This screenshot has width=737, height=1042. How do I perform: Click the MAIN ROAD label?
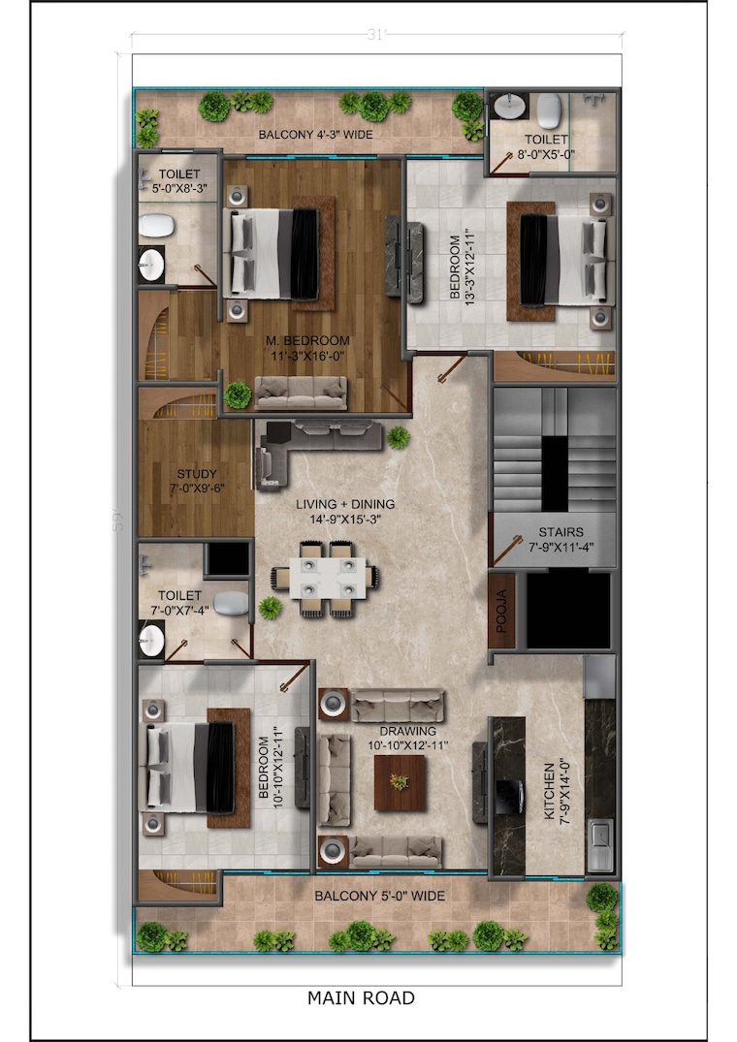[x=361, y=997]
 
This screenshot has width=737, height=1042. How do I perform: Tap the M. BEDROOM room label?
[x=307, y=341]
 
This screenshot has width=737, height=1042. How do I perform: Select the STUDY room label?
[x=197, y=474]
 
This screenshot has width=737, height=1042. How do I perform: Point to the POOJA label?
[x=501, y=611]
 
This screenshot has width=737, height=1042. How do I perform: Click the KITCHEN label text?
[x=550, y=791]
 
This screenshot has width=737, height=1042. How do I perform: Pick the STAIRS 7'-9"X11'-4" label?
[x=561, y=540]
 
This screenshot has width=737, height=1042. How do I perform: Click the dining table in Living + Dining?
[x=326, y=578]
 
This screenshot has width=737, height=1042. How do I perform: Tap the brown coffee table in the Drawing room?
[x=400, y=783]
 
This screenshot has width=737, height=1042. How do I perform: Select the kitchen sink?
[x=601, y=844]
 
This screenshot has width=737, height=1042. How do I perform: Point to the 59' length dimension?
[x=117, y=520]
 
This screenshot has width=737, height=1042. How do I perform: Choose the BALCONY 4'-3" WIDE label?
[x=316, y=134]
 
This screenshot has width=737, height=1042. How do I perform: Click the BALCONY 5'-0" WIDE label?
[x=379, y=896]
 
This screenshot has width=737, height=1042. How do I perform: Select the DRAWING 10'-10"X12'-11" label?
[x=408, y=739]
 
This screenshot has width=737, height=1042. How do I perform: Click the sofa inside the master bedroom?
[x=301, y=392]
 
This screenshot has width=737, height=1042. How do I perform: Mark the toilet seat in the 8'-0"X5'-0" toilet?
[x=549, y=111]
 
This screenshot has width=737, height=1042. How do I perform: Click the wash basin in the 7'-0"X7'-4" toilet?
[x=151, y=641]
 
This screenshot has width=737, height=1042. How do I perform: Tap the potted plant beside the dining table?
[x=270, y=608]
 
